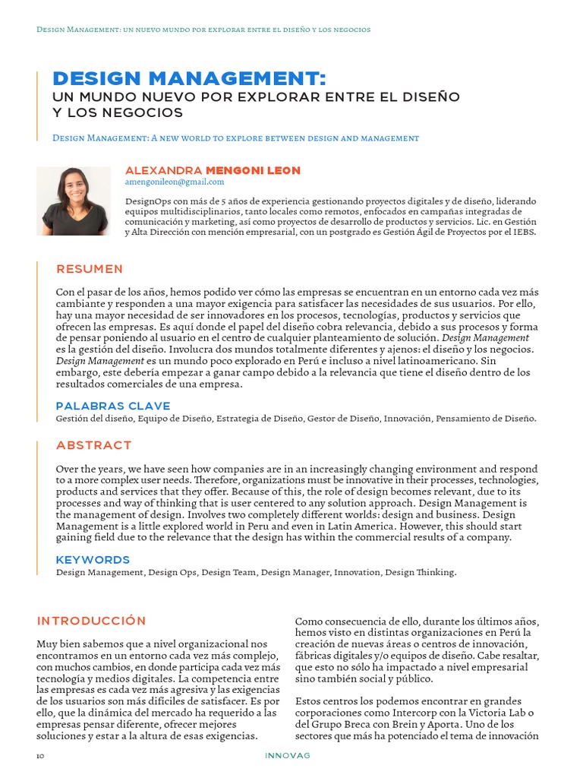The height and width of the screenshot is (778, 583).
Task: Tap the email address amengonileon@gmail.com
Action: [x=175, y=182]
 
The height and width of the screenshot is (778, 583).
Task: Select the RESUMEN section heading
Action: [x=90, y=269]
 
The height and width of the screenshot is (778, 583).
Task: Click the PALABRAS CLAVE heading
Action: [x=113, y=406]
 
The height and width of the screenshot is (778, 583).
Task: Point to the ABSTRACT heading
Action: [x=94, y=444]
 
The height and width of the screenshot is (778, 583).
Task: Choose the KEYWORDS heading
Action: [x=93, y=560]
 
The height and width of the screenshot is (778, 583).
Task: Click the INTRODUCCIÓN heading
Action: [x=91, y=621]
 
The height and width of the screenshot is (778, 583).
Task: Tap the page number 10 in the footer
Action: [x=40, y=756]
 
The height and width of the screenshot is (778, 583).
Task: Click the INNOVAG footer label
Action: [x=288, y=756]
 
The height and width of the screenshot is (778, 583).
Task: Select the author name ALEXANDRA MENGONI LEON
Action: [x=213, y=170]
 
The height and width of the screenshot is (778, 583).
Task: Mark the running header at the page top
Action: [x=203, y=30]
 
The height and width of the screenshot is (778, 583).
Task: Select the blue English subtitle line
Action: [x=235, y=138]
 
